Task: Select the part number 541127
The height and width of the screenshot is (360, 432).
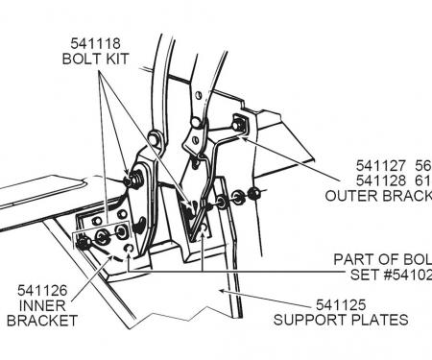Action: [x=359, y=163]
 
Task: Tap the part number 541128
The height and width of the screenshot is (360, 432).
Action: [x=359, y=180]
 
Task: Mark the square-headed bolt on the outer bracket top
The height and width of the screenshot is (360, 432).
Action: [x=237, y=123]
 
